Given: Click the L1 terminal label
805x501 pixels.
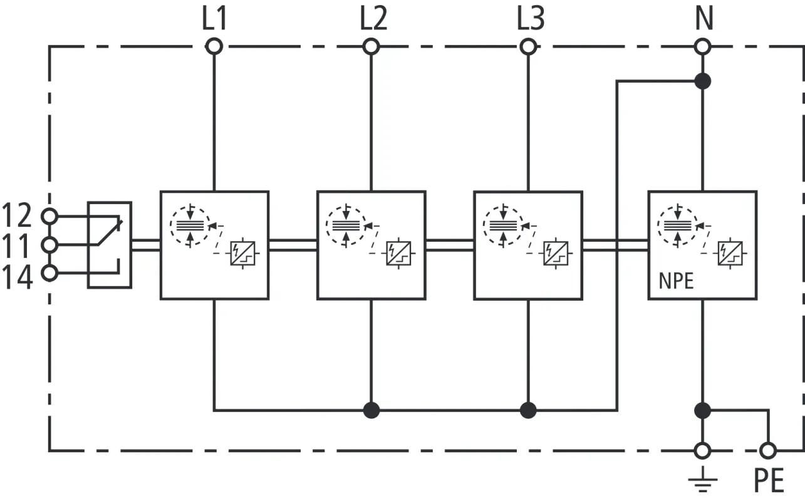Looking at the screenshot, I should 214,20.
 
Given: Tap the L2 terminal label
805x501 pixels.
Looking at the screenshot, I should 373,20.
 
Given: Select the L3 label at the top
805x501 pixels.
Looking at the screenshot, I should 531,20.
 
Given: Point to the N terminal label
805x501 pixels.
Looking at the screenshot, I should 704,20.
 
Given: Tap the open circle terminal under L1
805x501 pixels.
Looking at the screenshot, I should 214,46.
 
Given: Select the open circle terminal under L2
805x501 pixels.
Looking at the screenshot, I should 371,46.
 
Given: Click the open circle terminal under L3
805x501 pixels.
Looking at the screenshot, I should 529,46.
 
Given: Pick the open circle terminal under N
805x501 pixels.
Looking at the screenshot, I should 703,46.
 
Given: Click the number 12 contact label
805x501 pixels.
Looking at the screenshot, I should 18,216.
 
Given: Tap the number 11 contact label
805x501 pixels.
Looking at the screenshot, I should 18,246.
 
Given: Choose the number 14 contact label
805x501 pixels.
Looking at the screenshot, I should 18,276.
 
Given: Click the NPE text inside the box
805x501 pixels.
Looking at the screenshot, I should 677,281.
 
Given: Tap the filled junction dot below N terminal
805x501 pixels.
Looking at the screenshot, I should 703,81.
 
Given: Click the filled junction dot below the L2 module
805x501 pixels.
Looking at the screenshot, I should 371,410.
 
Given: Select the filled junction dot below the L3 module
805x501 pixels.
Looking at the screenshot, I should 529,410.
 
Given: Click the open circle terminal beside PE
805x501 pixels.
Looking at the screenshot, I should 767,450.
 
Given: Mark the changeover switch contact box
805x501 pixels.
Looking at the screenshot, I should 110,245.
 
